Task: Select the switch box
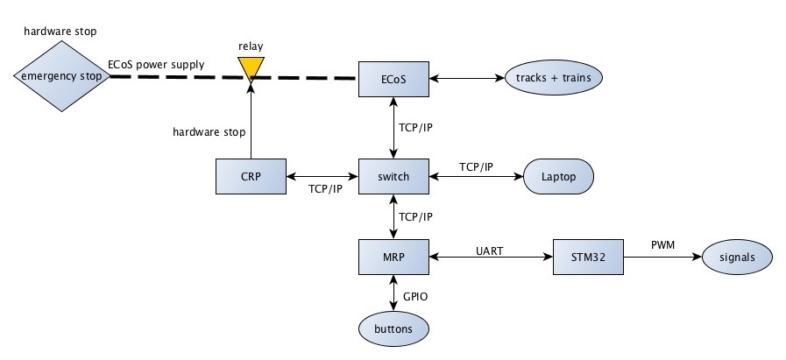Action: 393,176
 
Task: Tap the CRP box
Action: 251,176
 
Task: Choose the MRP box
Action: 393,256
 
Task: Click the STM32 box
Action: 587,256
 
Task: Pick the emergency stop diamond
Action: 61,76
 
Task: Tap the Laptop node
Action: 558,176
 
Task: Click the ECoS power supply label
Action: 156,64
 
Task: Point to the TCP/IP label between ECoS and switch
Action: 415,128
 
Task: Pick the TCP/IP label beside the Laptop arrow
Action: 476,166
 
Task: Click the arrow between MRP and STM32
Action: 490,257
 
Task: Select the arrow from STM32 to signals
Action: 662,257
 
